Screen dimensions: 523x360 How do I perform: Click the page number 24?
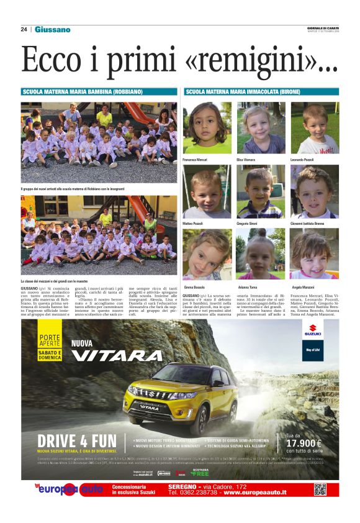[x=24, y=29]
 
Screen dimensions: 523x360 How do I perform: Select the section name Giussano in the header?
[x=52, y=29]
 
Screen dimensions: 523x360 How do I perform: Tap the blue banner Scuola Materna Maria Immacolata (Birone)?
[x=261, y=91]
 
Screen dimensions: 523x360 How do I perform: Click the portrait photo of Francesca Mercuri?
[x=207, y=128]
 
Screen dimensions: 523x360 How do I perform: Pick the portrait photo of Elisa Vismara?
[x=261, y=128]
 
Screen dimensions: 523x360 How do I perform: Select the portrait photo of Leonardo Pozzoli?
[x=315, y=128]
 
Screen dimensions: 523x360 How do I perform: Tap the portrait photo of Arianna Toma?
[x=261, y=254]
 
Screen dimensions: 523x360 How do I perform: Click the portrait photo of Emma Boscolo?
[x=207, y=254]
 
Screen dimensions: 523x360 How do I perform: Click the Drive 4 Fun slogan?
[x=78, y=442]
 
